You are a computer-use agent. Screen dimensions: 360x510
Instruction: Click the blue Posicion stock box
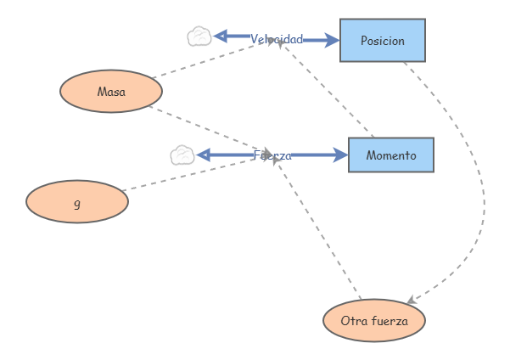click(x=382, y=41)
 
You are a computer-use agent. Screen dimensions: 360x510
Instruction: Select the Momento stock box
click(x=390, y=155)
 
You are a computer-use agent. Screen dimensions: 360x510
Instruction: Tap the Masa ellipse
click(x=110, y=92)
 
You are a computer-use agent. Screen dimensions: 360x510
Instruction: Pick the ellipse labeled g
click(x=77, y=202)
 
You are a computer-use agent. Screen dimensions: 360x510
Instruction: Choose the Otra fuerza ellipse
click(x=373, y=321)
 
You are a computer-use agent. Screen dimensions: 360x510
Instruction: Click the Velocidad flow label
click(x=276, y=39)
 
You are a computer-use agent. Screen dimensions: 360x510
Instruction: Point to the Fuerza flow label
click(x=272, y=155)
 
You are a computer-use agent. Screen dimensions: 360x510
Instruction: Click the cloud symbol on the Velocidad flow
click(x=199, y=37)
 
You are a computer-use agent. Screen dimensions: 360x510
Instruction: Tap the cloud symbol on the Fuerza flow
click(x=182, y=155)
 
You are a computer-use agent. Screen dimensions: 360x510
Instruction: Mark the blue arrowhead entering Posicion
click(x=333, y=39)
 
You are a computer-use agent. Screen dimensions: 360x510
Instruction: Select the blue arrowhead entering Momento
click(x=341, y=155)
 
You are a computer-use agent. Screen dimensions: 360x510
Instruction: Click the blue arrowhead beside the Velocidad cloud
click(x=220, y=36)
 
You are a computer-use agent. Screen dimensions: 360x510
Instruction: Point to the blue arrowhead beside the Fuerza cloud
click(x=203, y=155)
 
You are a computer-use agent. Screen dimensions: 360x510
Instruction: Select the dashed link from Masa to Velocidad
click(x=212, y=59)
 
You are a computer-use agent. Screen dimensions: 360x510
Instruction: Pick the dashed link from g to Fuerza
click(x=191, y=174)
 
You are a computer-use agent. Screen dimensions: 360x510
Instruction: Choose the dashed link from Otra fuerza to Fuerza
click(x=318, y=229)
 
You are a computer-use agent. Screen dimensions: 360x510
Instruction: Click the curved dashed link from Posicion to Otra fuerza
click(x=480, y=187)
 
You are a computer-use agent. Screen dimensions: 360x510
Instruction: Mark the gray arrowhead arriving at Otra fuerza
click(x=411, y=301)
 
